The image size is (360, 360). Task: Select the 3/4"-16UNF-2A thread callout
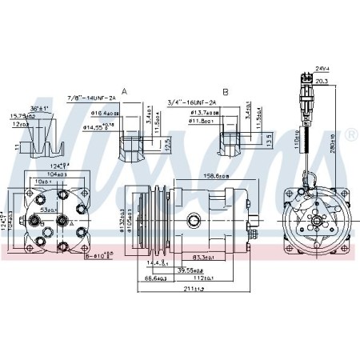(193, 102)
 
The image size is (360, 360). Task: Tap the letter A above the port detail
(124, 92)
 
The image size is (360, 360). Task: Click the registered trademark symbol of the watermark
(351, 137)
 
